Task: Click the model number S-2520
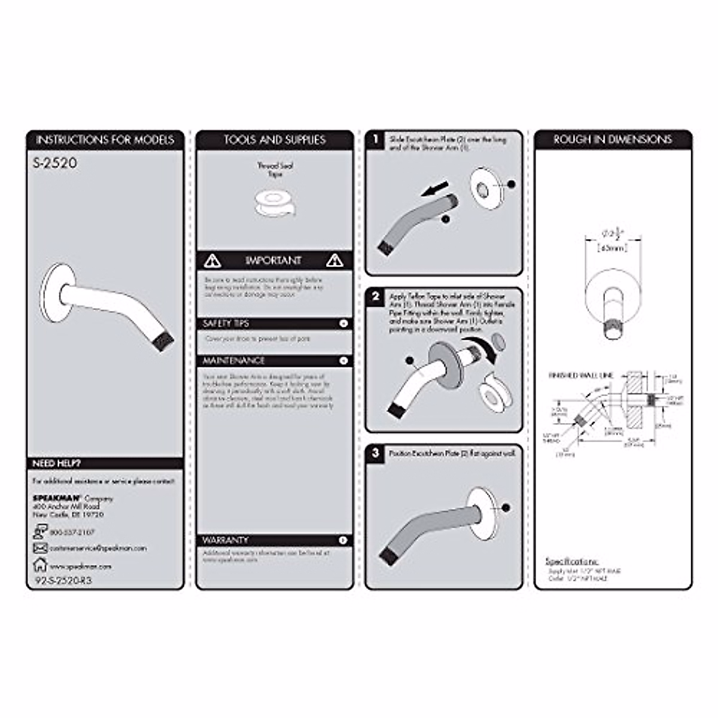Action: click(x=55, y=162)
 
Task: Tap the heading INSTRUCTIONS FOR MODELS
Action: click(x=105, y=140)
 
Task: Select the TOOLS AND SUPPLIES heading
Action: click(x=275, y=140)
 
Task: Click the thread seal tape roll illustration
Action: click(x=275, y=203)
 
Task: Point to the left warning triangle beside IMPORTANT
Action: click(x=212, y=260)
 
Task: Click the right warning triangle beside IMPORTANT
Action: click(x=335, y=260)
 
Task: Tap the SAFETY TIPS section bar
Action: click(x=275, y=324)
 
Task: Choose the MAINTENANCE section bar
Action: click(x=275, y=361)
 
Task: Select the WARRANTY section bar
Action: click(x=275, y=540)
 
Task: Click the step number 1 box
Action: click(x=376, y=140)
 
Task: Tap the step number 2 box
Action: click(x=376, y=297)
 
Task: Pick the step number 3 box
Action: click(x=376, y=453)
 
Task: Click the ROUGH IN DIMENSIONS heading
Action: click(x=613, y=140)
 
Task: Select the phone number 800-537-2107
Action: click(x=72, y=532)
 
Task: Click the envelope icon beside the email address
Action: click(x=40, y=548)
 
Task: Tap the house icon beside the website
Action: click(x=40, y=564)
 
